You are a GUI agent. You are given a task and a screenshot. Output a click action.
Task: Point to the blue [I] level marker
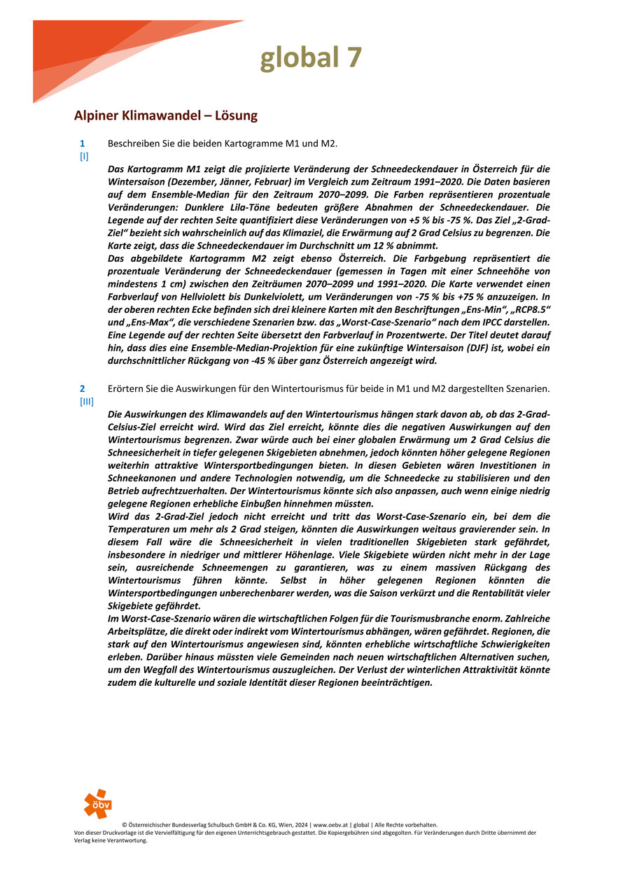pyautogui.click(x=83, y=157)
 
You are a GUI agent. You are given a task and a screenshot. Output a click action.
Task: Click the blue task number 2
pyautogui.click(x=82, y=388)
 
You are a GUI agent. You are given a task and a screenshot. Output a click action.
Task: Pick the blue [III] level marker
pyautogui.click(x=86, y=401)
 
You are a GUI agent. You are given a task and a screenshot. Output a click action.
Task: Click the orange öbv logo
pyautogui.click(x=97, y=803)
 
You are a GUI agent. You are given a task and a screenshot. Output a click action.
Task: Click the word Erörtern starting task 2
pyautogui.click(x=127, y=388)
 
